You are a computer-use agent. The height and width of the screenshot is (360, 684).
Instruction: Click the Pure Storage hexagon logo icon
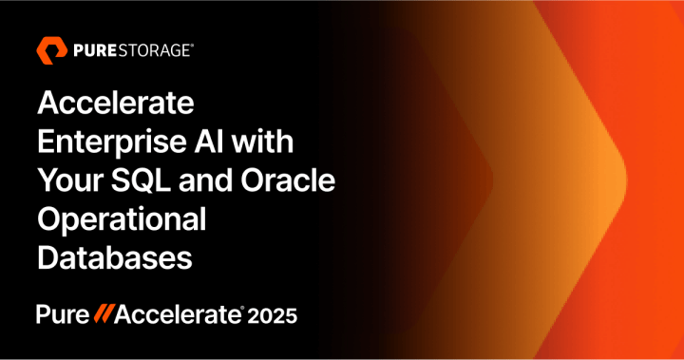[49, 49]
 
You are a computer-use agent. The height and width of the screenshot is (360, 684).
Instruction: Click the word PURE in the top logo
[90, 49]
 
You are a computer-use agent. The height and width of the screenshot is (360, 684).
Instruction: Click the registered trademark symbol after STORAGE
[192, 43]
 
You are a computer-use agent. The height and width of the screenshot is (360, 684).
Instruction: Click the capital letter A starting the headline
[47, 103]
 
